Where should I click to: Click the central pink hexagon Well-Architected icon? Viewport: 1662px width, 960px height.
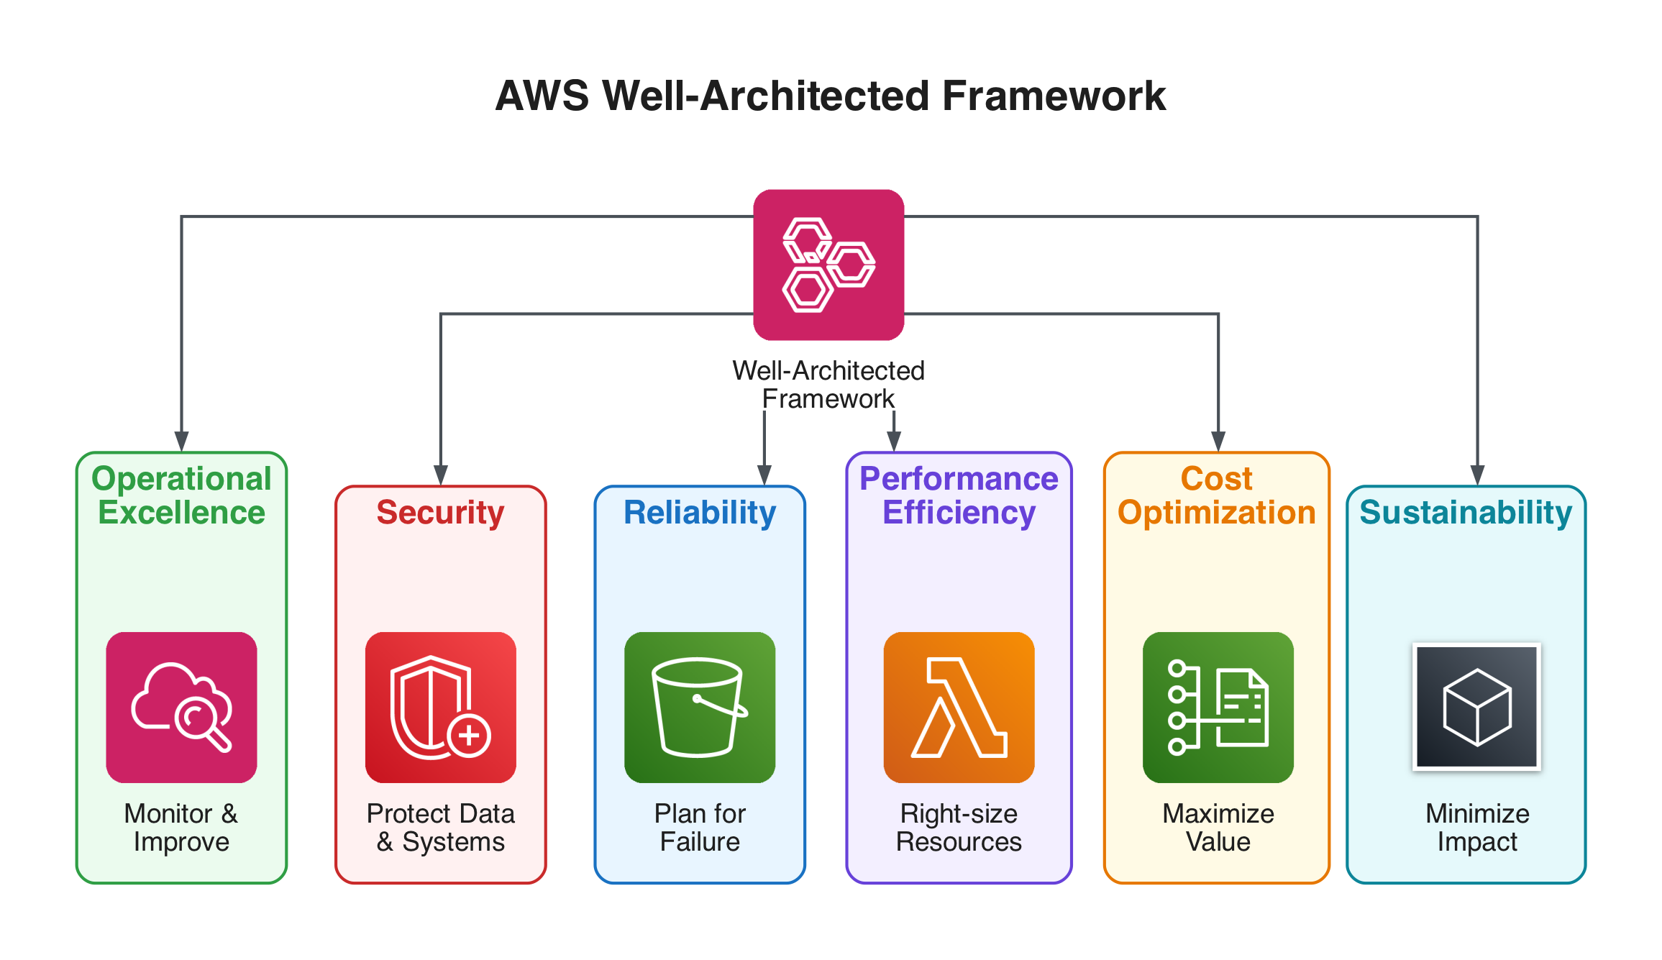tap(828, 265)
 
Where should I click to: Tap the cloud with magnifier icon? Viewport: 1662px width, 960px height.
tap(181, 707)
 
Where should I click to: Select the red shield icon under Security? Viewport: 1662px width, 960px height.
tap(440, 707)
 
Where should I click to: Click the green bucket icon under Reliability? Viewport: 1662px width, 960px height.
tap(700, 707)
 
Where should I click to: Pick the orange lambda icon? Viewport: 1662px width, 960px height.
tap(959, 707)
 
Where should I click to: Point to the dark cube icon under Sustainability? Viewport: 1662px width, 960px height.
tap(1476, 707)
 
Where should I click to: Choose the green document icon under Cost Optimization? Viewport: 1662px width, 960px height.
tap(1218, 707)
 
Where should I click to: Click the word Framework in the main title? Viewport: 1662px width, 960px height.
tap(1053, 96)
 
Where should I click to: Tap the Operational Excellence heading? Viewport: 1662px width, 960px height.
tap(181, 495)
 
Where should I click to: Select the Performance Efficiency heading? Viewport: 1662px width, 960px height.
tap(959, 495)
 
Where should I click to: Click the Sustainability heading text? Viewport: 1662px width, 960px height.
tap(1466, 513)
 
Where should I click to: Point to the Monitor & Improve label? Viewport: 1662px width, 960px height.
tap(181, 827)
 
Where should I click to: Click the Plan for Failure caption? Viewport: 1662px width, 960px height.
tap(700, 827)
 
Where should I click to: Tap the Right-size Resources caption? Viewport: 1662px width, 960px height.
tap(959, 827)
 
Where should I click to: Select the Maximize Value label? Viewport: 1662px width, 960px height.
tap(1218, 827)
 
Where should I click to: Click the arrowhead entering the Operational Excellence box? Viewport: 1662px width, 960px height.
tap(181, 442)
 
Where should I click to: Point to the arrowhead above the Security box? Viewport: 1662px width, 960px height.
tap(441, 475)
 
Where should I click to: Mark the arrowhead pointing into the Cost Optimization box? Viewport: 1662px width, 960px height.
tap(1218, 442)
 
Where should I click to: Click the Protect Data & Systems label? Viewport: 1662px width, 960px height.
tap(440, 827)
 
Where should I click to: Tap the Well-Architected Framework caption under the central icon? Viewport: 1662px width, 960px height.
tap(828, 385)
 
